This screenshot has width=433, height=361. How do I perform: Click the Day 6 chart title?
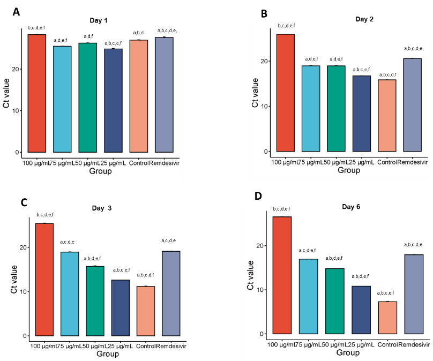tap(351, 207)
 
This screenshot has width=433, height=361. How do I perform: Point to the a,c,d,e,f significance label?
tap(309, 251)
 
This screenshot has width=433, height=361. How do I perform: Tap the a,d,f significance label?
tap(88, 36)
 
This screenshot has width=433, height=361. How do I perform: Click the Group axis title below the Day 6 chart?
tap(348, 353)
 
